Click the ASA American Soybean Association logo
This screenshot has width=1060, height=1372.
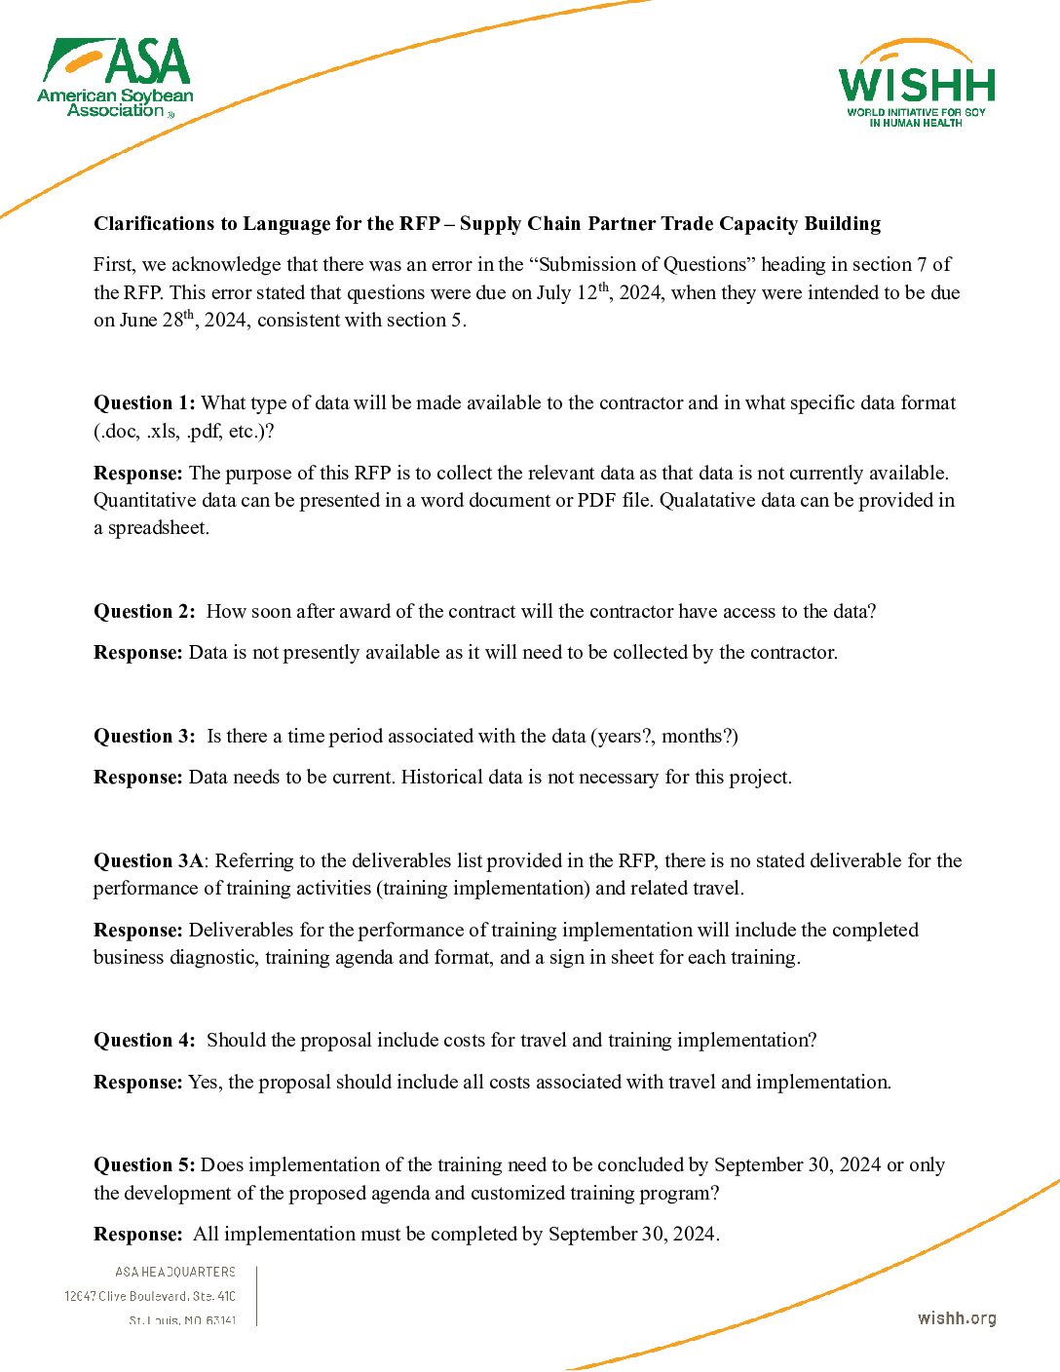tap(116, 79)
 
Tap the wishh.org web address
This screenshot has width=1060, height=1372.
tap(956, 1318)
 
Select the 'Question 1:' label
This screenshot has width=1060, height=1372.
tap(144, 403)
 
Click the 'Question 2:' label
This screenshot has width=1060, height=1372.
tap(144, 612)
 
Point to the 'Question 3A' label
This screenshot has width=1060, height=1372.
tap(148, 861)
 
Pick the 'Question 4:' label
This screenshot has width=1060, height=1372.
tap(144, 1041)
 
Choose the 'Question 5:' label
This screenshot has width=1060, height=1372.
tap(144, 1165)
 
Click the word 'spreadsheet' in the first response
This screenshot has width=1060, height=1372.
tap(158, 528)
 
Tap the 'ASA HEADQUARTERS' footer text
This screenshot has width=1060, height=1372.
tap(175, 1272)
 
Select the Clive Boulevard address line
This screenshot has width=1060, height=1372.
tap(150, 1296)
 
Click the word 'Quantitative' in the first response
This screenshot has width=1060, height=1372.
tap(145, 501)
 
